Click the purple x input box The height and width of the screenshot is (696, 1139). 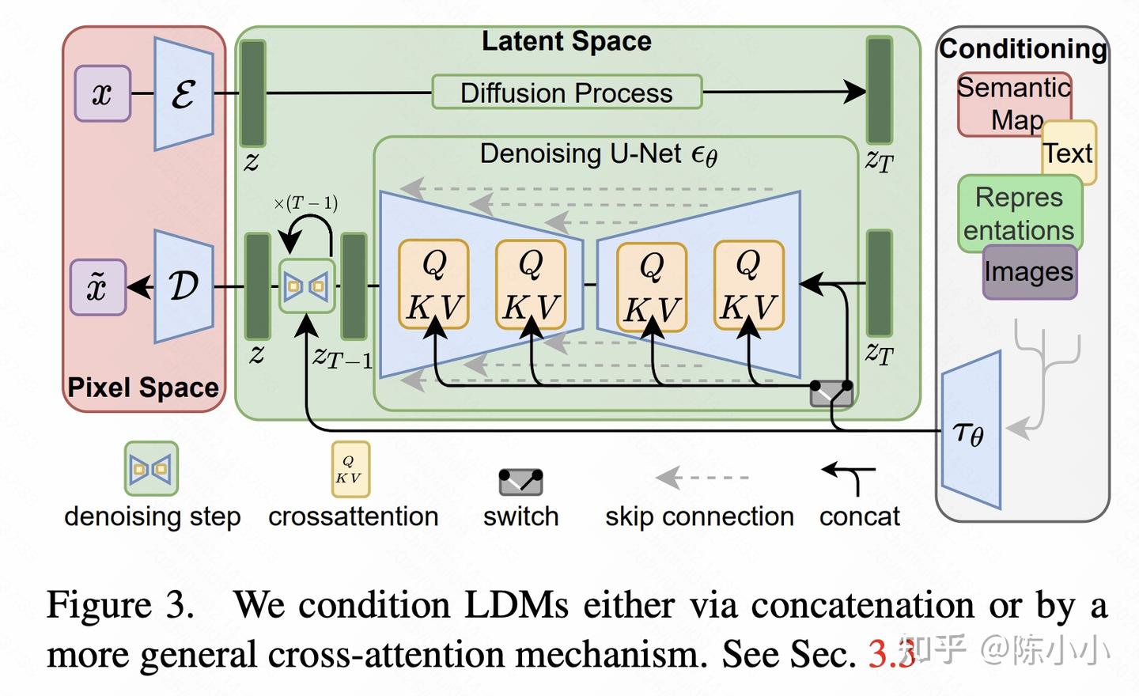(103, 93)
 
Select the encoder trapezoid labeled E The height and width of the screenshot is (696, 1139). (184, 93)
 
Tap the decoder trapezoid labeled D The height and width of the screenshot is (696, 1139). (184, 286)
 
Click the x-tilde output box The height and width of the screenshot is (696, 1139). (98, 287)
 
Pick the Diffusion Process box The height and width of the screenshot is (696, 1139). (567, 92)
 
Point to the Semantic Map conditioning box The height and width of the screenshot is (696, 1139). (1014, 104)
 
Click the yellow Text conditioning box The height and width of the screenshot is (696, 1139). (1069, 153)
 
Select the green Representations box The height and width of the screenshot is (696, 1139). (1020, 214)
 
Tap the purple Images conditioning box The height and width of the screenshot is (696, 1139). (1030, 272)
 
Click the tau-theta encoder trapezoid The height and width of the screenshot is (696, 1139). (971, 429)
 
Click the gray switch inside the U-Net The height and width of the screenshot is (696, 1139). (831, 393)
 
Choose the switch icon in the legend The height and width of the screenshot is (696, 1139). (520, 482)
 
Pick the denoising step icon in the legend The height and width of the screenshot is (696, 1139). (152, 469)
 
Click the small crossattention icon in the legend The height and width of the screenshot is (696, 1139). (351, 469)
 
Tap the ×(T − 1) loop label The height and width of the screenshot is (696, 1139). (305, 203)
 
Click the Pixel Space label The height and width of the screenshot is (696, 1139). (143, 388)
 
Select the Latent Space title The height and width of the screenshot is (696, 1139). (566, 40)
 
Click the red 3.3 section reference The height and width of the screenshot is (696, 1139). (892, 654)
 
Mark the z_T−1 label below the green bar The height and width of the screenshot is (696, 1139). (342, 357)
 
